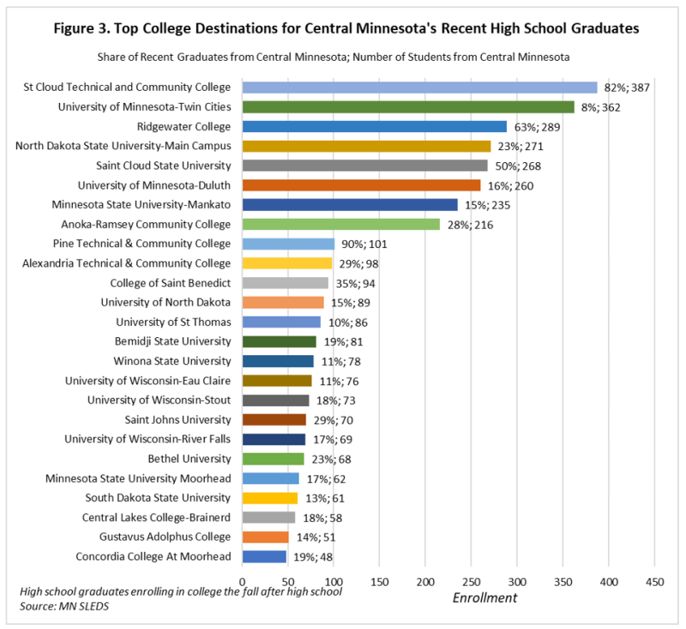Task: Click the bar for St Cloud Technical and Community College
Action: tap(420, 88)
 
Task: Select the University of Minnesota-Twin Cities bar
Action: tap(408, 107)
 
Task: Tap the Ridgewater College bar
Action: tap(375, 127)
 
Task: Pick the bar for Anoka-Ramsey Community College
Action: tap(341, 225)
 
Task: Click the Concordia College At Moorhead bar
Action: tap(265, 557)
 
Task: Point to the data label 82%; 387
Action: tap(627, 88)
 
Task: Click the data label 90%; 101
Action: tap(366, 245)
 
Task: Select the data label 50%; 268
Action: tap(517, 166)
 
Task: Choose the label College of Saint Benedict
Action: tap(171, 283)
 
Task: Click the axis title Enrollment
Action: tap(484, 598)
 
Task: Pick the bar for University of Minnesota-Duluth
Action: tap(362, 185)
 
